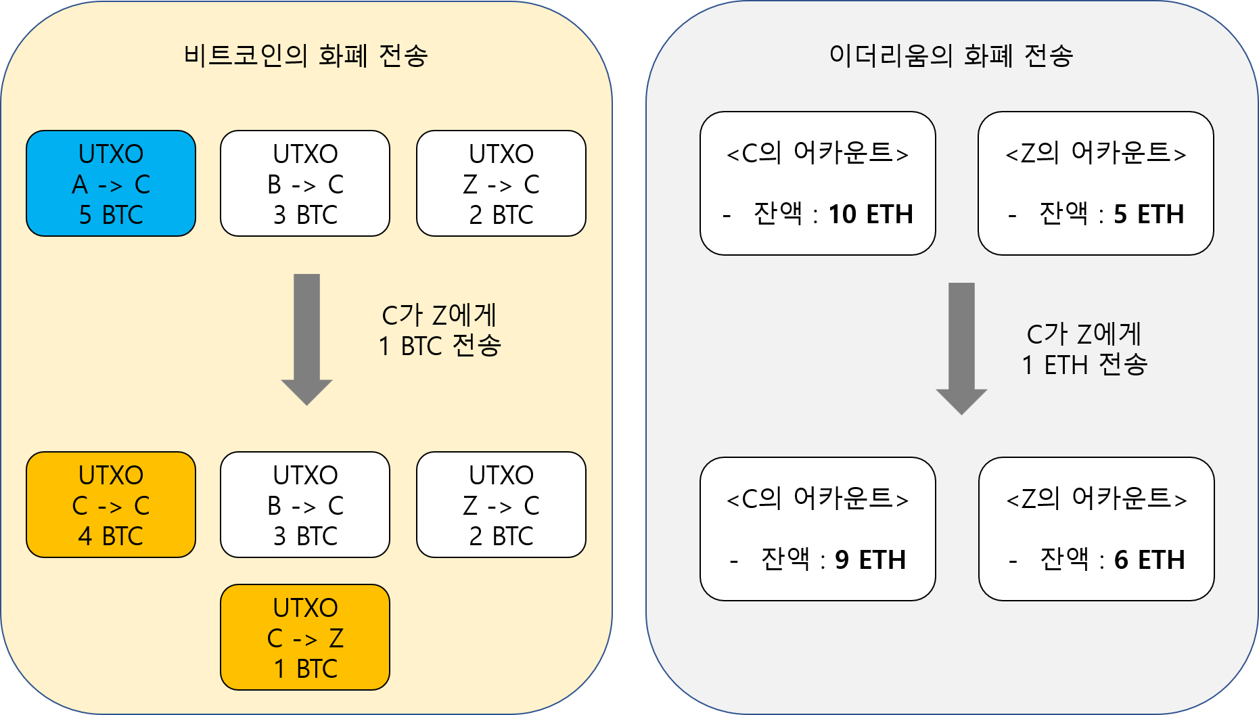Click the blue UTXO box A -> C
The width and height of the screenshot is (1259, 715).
point(111,183)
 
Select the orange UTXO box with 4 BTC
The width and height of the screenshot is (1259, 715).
point(111,505)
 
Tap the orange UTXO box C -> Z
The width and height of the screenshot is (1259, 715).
point(305,637)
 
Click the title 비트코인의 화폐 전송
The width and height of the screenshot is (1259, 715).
point(305,55)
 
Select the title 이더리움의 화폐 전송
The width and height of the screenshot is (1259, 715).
point(951,55)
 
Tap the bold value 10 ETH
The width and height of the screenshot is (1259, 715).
point(871,214)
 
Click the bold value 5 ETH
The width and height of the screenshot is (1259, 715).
point(1149,214)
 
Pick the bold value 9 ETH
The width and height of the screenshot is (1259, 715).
point(870,560)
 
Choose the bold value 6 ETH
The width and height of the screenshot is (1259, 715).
point(1149,560)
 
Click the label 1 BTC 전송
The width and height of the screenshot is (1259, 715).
point(440,346)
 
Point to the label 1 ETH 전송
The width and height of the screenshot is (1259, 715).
point(1084,365)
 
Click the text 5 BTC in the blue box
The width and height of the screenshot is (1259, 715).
point(111,215)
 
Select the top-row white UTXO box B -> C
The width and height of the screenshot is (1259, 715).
point(305,183)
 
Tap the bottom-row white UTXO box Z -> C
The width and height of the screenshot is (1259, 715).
point(501,505)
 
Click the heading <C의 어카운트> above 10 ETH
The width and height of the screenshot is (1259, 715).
point(817,154)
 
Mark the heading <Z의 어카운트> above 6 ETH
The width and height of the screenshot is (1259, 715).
point(1097,499)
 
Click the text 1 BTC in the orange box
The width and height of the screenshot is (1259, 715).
point(305,669)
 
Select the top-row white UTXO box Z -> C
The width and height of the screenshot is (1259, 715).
point(501,183)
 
